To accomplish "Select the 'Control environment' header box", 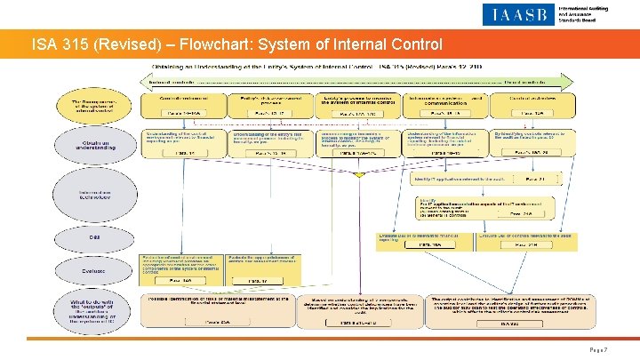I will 181,104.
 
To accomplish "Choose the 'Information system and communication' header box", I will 441,104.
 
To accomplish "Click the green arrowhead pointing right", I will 543,81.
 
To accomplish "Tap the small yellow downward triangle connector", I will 358,175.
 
